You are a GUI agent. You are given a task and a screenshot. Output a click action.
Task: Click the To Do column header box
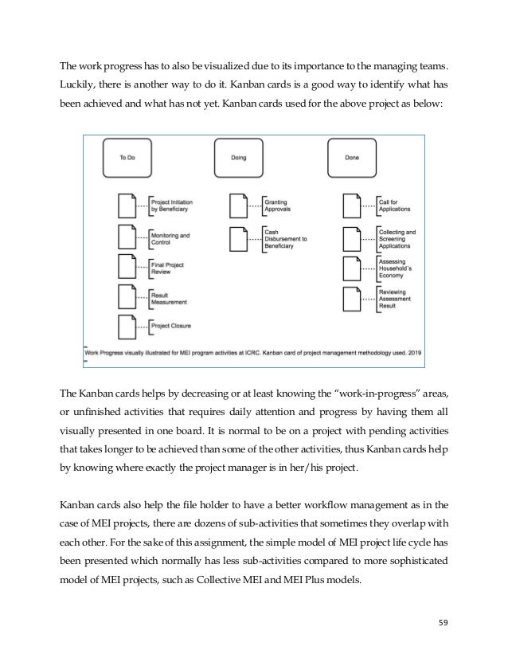(x=127, y=158)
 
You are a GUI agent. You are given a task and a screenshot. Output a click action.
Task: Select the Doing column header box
(x=239, y=158)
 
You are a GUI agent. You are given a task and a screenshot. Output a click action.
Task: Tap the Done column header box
(x=351, y=158)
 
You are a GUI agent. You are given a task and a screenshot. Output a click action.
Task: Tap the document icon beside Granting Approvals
(x=240, y=206)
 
